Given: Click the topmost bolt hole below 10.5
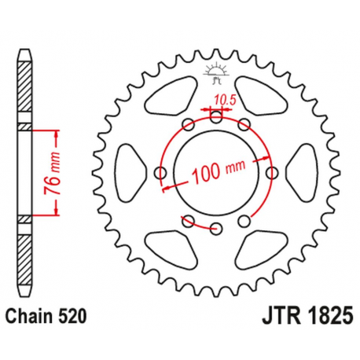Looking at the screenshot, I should pos(217,117).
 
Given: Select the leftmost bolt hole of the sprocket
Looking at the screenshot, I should pos(161,173).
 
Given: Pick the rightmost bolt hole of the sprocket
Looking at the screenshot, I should pos(273,173).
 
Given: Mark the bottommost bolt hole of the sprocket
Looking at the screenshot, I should pos(217,229).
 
